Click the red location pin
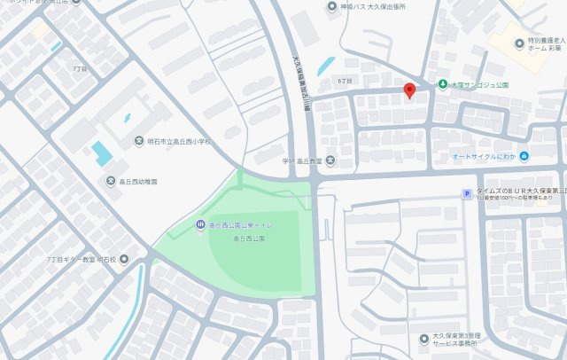(x=408, y=90)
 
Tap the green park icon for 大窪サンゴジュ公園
(x=441, y=85)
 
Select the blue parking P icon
(x=466, y=194)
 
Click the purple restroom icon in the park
(x=201, y=224)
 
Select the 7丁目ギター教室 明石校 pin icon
(x=123, y=260)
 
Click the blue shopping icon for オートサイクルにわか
(x=524, y=157)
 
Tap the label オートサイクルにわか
(x=484, y=158)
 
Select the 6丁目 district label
(x=345, y=81)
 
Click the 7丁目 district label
(x=81, y=67)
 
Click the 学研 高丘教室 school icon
(x=330, y=160)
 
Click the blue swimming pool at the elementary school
(x=103, y=153)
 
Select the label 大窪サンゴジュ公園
(x=480, y=86)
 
